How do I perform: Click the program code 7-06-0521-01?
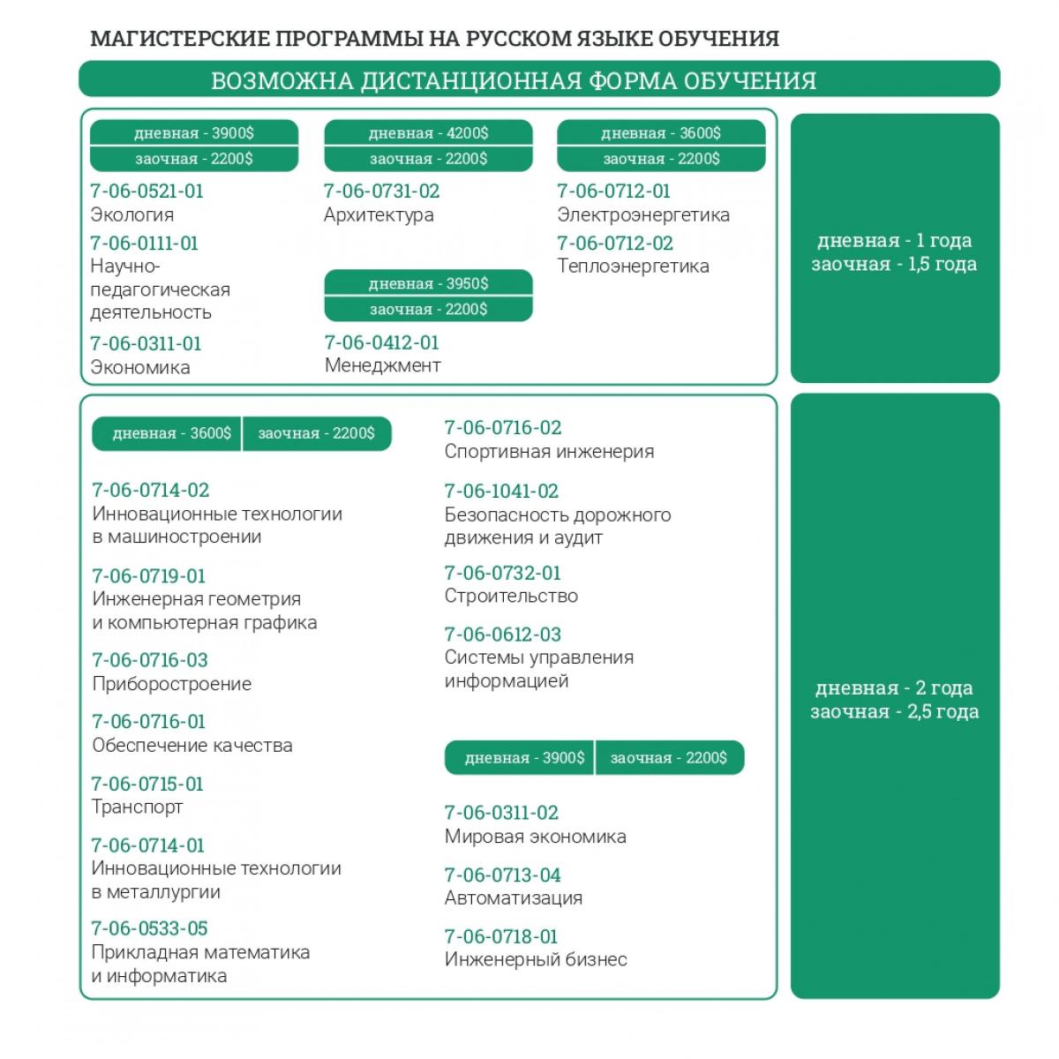pyautogui.click(x=146, y=191)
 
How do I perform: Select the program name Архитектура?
pyautogui.click(x=379, y=214)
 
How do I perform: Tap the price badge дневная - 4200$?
pyautogui.click(x=428, y=133)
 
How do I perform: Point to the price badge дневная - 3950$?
pyautogui.click(x=428, y=283)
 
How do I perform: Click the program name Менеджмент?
pyautogui.click(x=382, y=365)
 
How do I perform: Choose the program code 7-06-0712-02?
pyautogui.click(x=614, y=243)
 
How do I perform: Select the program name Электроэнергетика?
pyautogui.click(x=643, y=214)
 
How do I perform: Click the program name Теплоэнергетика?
pyautogui.click(x=633, y=266)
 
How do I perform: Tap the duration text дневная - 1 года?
pyautogui.click(x=894, y=240)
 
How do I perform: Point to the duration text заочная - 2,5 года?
pyautogui.click(x=894, y=711)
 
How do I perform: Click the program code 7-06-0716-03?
pyautogui.click(x=150, y=660)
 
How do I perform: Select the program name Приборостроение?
pyautogui.click(x=171, y=684)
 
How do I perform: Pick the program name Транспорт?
pyautogui.click(x=137, y=807)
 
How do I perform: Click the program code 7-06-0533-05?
pyautogui.click(x=150, y=928)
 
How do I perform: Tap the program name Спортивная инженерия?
pyautogui.click(x=549, y=451)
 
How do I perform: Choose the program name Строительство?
pyautogui.click(x=511, y=596)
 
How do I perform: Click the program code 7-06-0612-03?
pyautogui.click(x=502, y=634)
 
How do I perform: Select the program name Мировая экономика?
pyautogui.click(x=535, y=836)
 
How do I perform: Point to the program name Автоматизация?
pyautogui.click(x=514, y=898)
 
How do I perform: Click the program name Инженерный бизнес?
pyautogui.click(x=536, y=959)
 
